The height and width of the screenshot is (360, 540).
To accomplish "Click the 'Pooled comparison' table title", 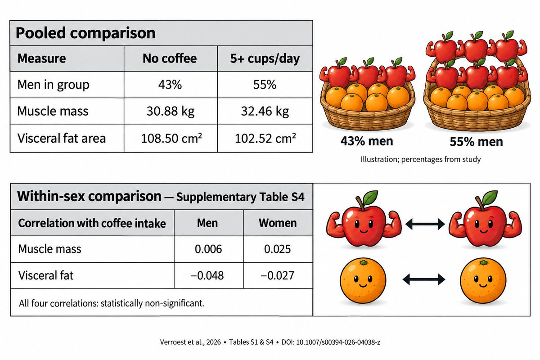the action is tap(85, 33).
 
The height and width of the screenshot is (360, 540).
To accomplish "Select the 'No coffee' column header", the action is tap(170, 58).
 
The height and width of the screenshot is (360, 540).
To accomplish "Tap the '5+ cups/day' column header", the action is tap(265, 58).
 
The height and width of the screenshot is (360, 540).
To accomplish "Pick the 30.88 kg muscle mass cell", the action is tap(171, 111).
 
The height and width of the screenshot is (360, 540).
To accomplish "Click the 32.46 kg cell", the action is tap(265, 111).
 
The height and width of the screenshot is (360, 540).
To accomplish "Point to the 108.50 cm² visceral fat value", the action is tap(171, 139).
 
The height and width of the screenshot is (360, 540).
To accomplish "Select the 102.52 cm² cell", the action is tap(265, 139).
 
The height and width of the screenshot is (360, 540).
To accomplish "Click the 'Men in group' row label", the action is tap(53, 85).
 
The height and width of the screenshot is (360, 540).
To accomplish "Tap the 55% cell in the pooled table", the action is tap(265, 85).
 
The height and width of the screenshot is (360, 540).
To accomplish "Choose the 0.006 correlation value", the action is tap(208, 249).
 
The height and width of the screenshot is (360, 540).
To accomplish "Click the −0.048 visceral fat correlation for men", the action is tap(207, 275).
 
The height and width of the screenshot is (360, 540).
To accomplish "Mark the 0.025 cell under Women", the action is tap(278, 249).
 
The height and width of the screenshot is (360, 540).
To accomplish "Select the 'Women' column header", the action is tap(278, 223).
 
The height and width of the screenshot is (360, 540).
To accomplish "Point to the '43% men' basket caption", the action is tap(367, 141).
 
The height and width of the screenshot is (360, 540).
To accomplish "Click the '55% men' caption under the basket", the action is tap(476, 142).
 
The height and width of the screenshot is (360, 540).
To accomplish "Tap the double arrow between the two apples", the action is tap(425, 224).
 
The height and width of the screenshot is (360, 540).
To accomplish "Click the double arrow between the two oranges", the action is tap(424, 279).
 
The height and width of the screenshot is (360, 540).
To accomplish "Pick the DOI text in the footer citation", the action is tap(331, 342).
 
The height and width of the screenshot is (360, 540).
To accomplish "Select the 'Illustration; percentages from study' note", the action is tap(421, 159).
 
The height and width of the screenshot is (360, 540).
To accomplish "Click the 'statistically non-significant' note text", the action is tap(152, 303).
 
